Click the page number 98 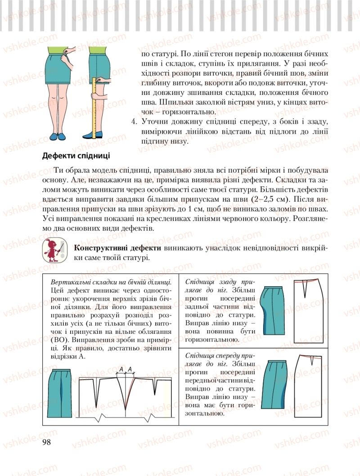[46, 442]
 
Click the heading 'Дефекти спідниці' [76, 156]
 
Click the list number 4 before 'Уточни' [133, 122]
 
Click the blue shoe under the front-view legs [57, 135]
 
